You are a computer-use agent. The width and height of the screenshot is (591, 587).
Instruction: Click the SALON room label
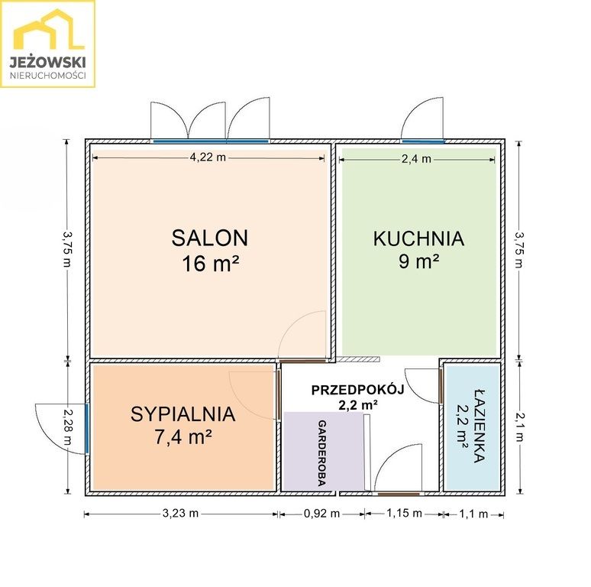[210, 238]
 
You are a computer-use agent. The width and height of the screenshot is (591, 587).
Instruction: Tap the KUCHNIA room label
[418, 238]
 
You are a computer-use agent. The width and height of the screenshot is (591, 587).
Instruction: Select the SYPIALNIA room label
[183, 413]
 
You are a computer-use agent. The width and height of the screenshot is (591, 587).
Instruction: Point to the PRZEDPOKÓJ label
[357, 390]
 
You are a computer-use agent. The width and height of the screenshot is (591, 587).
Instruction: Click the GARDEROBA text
[322, 453]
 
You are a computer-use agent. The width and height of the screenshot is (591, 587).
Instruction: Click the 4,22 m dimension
[208, 157]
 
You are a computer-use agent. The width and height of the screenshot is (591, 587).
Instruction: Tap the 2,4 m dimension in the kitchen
[416, 159]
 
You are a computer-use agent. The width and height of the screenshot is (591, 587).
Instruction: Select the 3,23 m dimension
[180, 514]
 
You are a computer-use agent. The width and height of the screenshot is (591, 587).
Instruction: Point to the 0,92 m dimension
[322, 514]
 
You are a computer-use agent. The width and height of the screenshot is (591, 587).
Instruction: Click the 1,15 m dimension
[404, 513]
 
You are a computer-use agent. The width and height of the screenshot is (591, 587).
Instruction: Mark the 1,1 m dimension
[473, 514]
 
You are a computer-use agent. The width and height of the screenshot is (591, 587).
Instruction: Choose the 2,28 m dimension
[67, 426]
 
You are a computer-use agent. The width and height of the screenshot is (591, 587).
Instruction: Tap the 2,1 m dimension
[520, 426]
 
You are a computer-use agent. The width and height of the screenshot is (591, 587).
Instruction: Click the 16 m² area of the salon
[210, 264]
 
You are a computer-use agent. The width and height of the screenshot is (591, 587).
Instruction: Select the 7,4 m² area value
[183, 437]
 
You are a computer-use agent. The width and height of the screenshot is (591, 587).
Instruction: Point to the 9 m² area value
[418, 261]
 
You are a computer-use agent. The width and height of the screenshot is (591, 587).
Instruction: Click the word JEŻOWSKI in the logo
[48, 62]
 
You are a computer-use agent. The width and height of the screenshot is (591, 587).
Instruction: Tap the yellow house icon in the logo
[49, 29]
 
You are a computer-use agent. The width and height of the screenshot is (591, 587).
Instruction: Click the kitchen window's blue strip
[423, 142]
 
